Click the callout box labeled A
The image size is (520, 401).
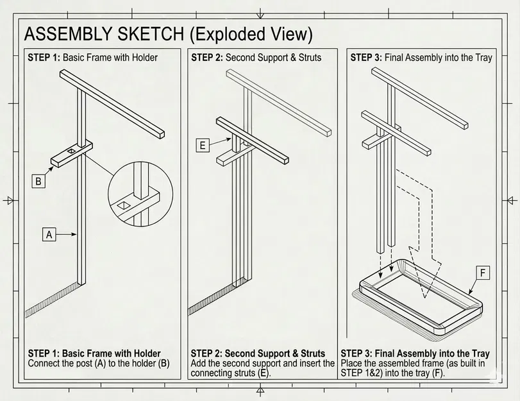point(49,235)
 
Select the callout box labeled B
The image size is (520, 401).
point(38,182)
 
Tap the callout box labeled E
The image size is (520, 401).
point(203,146)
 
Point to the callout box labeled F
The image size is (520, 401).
point(482,273)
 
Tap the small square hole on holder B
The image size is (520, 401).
point(71,151)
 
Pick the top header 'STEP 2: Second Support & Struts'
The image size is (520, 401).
point(256,58)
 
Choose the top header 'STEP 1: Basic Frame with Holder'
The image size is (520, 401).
point(92,58)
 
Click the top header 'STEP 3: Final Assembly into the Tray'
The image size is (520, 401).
point(421,58)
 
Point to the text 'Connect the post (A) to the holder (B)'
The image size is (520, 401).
point(99,363)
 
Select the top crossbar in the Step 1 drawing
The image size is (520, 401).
point(112,103)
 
